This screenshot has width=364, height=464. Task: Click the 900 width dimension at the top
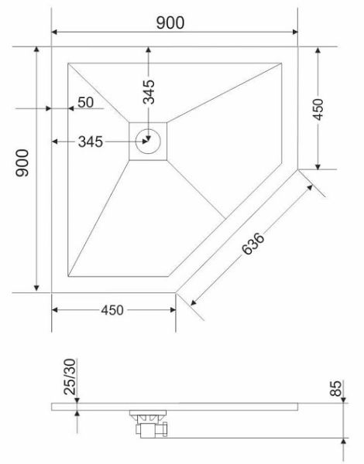(x=170, y=22)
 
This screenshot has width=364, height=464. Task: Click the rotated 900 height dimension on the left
(x=22, y=162)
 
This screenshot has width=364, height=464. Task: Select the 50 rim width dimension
(x=85, y=102)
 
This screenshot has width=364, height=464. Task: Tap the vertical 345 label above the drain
(x=149, y=92)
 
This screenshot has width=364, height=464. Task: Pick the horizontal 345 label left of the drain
(x=91, y=142)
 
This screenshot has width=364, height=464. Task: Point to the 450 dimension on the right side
(x=318, y=110)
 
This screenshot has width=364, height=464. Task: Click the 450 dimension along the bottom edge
(x=112, y=310)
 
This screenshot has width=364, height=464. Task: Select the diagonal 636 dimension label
(x=252, y=244)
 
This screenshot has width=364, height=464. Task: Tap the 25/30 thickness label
(x=70, y=377)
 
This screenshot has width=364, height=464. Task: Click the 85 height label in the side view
(x=336, y=388)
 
